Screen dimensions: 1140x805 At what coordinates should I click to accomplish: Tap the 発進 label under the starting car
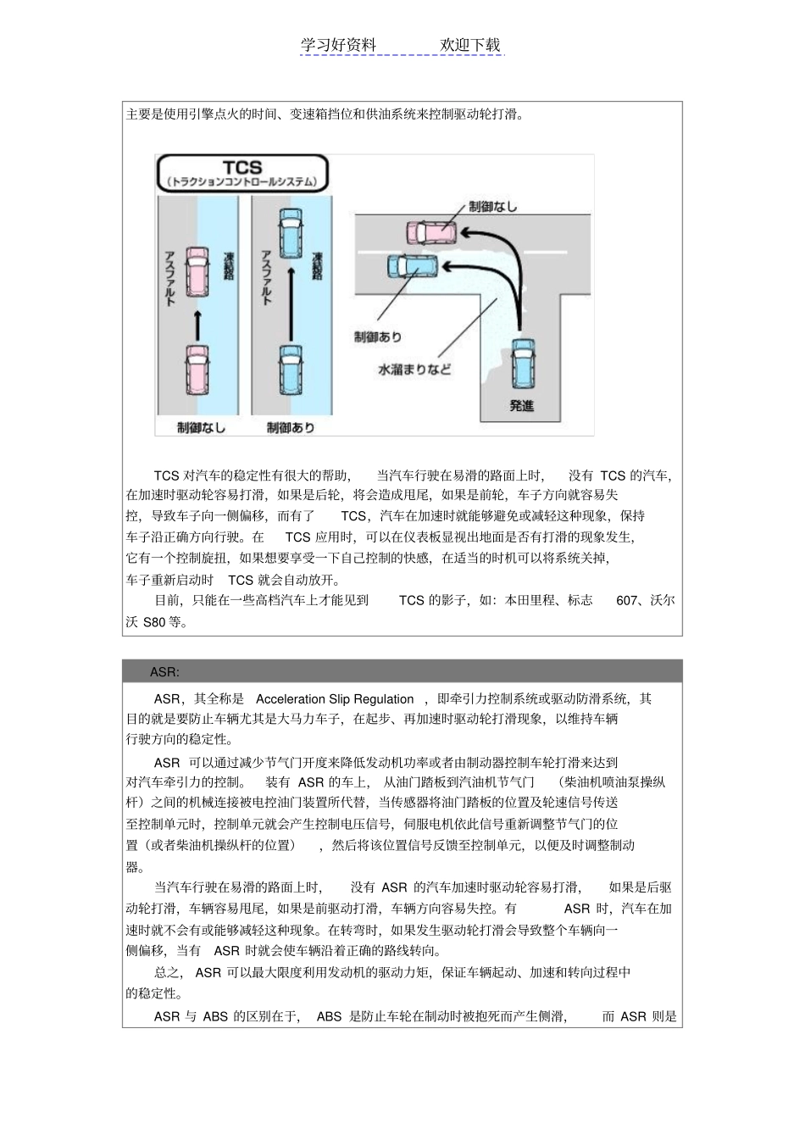click(x=522, y=406)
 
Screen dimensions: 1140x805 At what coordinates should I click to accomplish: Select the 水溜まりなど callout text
click(x=414, y=370)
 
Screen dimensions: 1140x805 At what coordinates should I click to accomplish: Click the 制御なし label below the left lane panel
click(x=201, y=427)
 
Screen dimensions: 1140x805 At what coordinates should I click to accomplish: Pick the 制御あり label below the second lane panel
click(x=291, y=427)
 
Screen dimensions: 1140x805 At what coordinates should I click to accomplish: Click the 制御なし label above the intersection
click(x=493, y=206)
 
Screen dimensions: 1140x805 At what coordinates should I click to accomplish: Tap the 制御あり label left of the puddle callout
click(x=378, y=337)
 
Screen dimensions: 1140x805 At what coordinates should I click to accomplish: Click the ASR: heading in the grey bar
click(x=164, y=672)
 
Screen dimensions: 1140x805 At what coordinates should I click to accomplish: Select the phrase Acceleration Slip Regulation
click(x=335, y=699)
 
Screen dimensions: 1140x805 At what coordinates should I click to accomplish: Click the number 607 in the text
click(x=627, y=600)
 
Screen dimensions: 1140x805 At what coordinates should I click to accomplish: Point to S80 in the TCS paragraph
click(x=154, y=622)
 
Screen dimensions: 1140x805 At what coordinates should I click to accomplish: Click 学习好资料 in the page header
click(x=338, y=45)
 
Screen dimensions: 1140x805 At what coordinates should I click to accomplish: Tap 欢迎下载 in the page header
click(x=470, y=45)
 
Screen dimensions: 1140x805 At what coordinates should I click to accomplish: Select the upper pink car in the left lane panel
click(x=197, y=270)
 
